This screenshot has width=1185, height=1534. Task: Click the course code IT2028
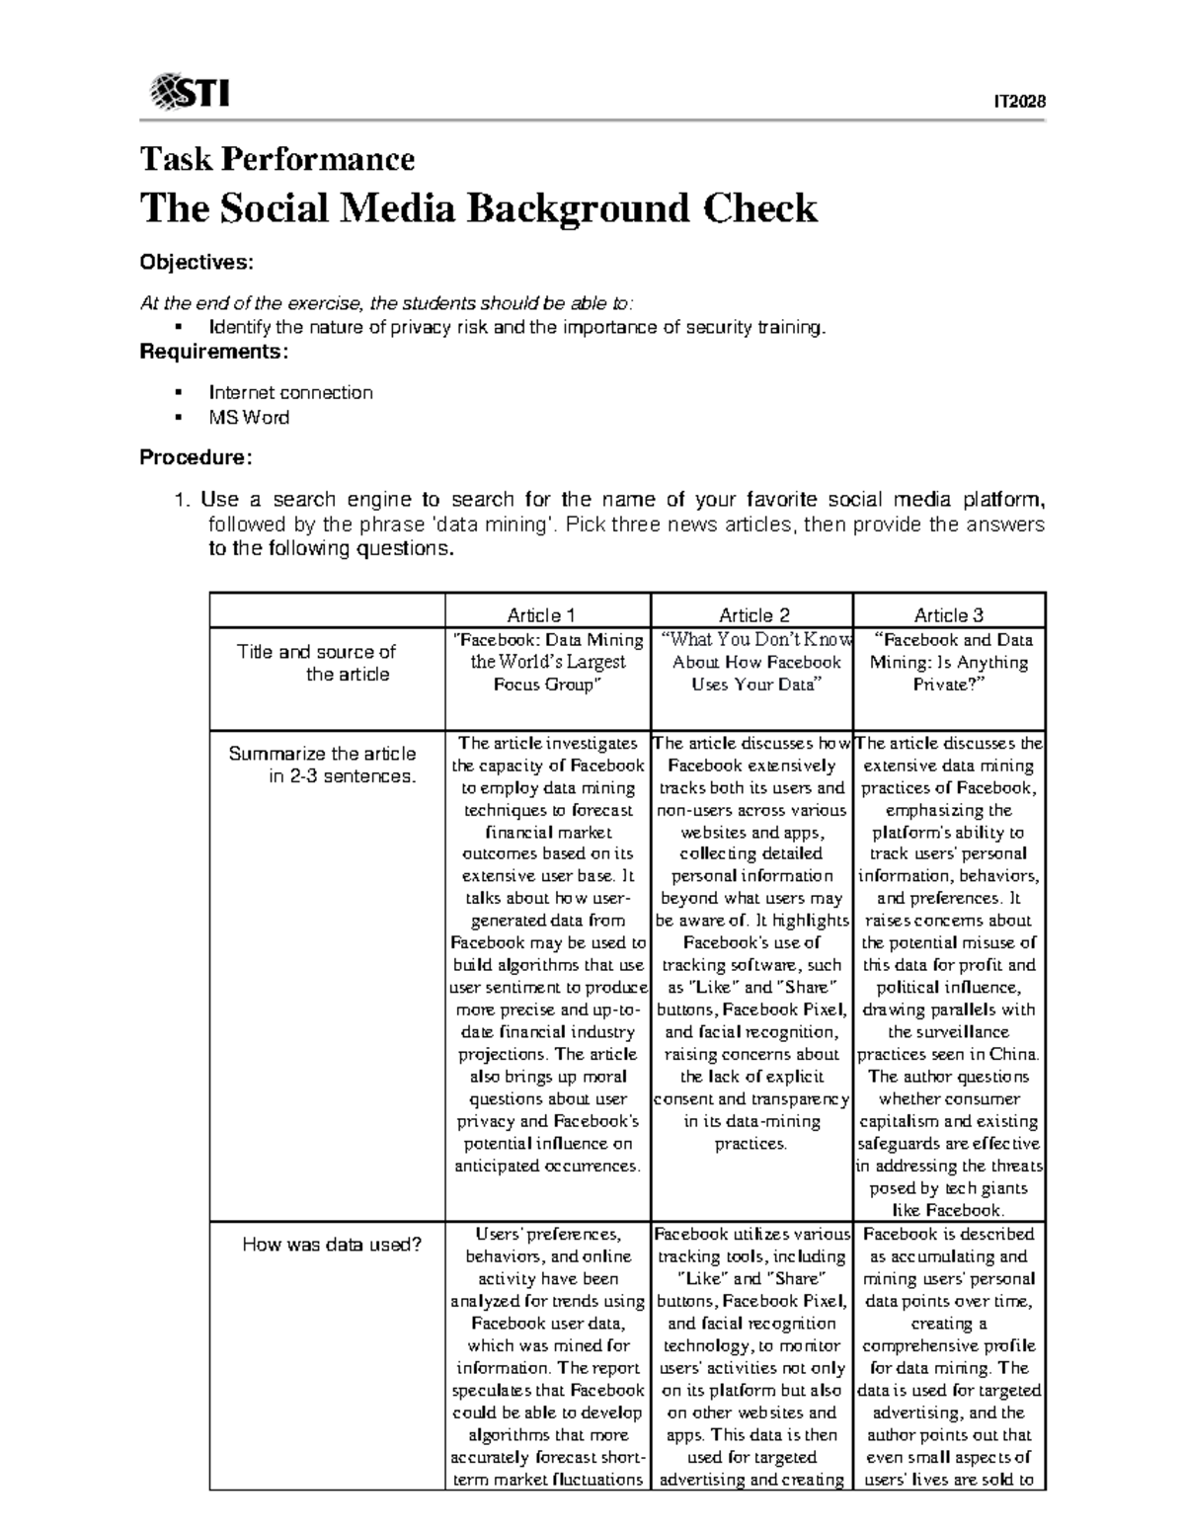[x=1019, y=103]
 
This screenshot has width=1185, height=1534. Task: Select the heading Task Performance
[x=276, y=159]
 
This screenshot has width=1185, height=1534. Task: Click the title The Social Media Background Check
[x=479, y=208]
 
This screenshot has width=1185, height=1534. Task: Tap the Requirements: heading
[x=214, y=352]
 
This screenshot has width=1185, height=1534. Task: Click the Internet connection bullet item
[x=290, y=392]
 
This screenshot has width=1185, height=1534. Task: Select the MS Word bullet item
[x=249, y=418]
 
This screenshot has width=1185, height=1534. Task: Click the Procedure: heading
[x=196, y=457]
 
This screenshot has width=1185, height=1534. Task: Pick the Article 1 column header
[x=547, y=615]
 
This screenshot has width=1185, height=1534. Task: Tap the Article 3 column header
[x=948, y=615]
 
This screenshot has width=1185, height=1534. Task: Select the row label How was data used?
[x=332, y=1245]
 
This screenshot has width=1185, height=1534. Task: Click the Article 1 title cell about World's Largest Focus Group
[x=547, y=662]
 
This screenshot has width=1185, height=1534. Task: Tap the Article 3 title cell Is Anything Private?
[x=948, y=662]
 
